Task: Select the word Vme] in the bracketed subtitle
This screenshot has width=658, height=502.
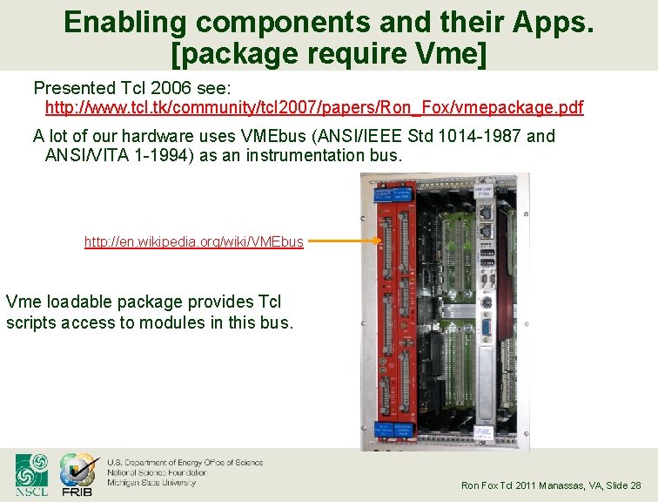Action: tap(452, 53)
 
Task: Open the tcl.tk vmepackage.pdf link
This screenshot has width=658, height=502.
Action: tap(314, 108)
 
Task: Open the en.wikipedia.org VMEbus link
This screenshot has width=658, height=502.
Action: tap(193, 241)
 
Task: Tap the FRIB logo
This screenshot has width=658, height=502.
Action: tap(77, 475)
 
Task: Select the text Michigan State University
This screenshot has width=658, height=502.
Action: tap(151, 482)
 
